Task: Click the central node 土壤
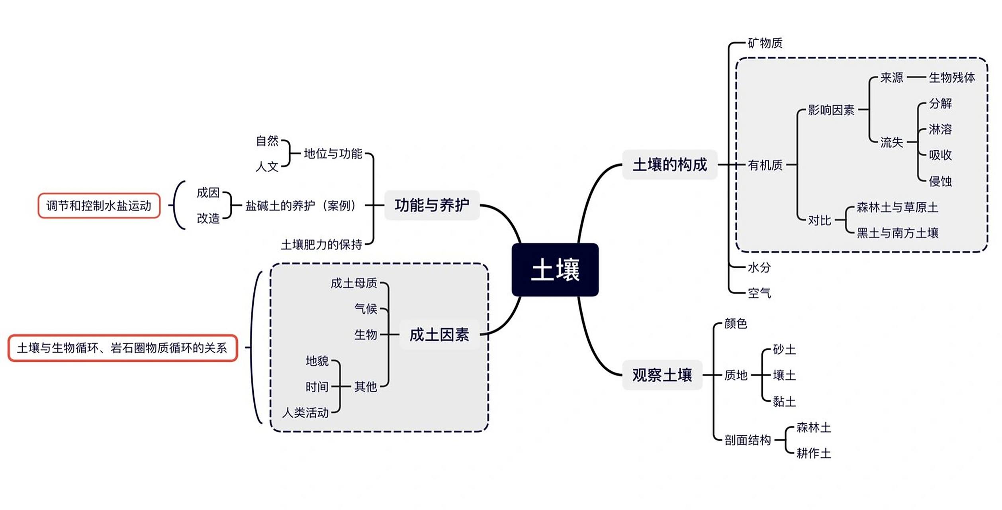(x=555, y=270)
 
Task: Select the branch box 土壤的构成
(x=669, y=165)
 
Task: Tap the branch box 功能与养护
(x=432, y=205)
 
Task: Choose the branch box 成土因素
(x=439, y=335)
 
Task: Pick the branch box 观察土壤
(x=662, y=375)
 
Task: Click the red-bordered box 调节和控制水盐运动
(x=99, y=206)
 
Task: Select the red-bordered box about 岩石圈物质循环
(x=122, y=348)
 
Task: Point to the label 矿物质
(x=765, y=43)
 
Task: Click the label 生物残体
(x=951, y=77)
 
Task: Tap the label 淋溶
(x=940, y=129)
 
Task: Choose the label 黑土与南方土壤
(x=897, y=233)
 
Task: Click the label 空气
(x=759, y=293)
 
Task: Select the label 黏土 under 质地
(x=784, y=401)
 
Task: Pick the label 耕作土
(x=813, y=453)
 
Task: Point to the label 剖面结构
(x=747, y=440)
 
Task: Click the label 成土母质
(x=354, y=283)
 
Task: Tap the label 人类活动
(x=305, y=412)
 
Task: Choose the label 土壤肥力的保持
(x=321, y=244)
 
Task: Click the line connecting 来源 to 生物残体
(x=916, y=77)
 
